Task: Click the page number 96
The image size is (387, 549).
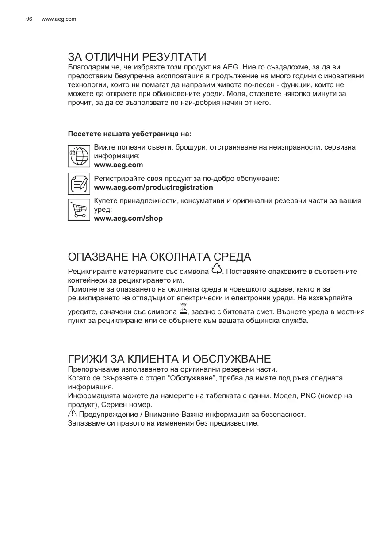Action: tap(29, 19)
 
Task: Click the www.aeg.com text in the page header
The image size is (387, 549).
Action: tap(58, 19)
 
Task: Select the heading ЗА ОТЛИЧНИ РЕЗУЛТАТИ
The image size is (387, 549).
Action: tap(137, 57)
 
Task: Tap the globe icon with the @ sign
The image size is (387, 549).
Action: tap(79, 156)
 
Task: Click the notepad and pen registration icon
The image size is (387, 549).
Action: tap(79, 183)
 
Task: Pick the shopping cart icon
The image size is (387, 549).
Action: tap(79, 210)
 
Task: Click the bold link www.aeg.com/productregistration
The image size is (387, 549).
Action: tap(154, 187)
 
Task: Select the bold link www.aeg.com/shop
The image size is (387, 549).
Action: tap(129, 218)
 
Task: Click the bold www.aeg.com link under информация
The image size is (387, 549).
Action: tap(119, 165)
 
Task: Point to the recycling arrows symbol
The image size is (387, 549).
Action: tap(217, 269)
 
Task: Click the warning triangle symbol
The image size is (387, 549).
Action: tap(72, 414)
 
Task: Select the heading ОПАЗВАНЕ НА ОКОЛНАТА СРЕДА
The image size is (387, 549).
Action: tap(159, 257)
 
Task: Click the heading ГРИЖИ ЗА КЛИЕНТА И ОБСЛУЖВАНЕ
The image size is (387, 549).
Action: tap(169, 358)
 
